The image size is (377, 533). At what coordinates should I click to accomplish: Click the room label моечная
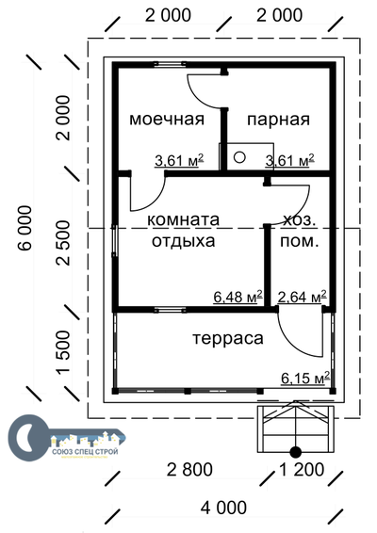[x=167, y=119]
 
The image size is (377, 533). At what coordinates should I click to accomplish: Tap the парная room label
[x=278, y=119]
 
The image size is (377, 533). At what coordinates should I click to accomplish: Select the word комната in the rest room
[x=183, y=219]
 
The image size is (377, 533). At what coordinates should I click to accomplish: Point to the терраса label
[x=227, y=337]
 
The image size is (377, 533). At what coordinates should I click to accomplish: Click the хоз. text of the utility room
[x=300, y=219]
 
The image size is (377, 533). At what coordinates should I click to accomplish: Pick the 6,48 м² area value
[x=238, y=297]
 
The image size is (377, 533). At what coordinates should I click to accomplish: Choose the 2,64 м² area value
[x=302, y=297]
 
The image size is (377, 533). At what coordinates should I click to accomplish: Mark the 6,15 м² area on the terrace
[x=304, y=379]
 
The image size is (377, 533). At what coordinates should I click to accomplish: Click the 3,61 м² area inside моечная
[x=179, y=161]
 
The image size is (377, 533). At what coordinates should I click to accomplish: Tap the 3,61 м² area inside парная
[x=290, y=161]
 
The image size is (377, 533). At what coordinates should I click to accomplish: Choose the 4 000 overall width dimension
[x=222, y=508]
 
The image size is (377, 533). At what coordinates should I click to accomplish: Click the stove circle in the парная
[x=239, y=157]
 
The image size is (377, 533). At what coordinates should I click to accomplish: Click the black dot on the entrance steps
[x=295, y=451]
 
